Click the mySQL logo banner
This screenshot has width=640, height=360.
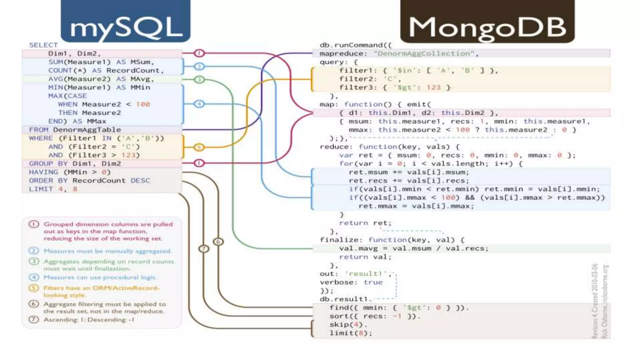(x=126, y=21)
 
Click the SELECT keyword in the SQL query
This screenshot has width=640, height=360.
(x=43, y=45)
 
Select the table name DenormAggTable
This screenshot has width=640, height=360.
(x=87, y=130)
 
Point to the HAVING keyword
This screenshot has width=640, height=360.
(x=43, y=172)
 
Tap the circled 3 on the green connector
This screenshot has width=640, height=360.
(x=199, y=80)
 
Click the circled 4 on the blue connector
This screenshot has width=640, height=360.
(x=199, y=104)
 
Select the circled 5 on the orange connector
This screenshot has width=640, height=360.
(x=199, y=147)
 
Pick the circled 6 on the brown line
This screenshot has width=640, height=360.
(x=218, y=242)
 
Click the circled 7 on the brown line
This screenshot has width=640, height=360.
(x=204, y=249)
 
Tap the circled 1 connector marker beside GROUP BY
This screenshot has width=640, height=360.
(x=199, y=163)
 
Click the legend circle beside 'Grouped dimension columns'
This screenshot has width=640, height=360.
(x=34, y=224)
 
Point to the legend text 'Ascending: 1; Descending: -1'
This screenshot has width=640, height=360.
(x=89, y=320)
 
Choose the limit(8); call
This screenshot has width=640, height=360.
(x=351, y=333)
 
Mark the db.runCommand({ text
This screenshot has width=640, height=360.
(x=355, y=45)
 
